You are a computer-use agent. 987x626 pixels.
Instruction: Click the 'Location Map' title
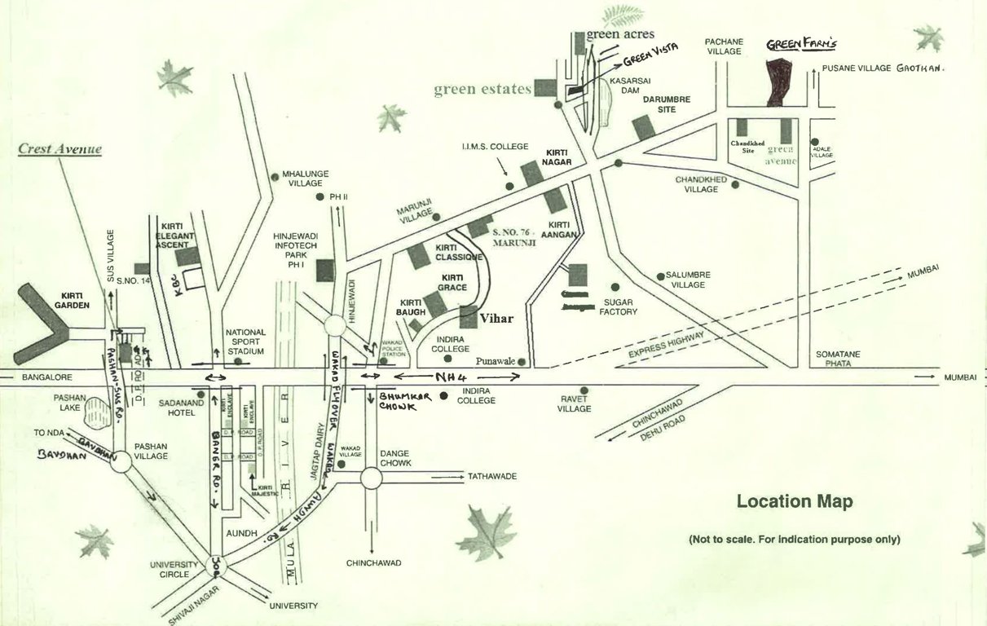pos(794,501)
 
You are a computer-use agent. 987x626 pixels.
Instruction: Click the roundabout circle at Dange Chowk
pos(371,478)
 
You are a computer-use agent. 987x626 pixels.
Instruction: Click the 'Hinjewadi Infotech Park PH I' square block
pos(324,271)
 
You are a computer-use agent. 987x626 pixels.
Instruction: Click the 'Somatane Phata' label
pos(838,359)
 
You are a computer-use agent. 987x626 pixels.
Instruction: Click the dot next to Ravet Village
pos(584,390)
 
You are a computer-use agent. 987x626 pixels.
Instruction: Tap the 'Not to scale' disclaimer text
pos(794,540)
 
